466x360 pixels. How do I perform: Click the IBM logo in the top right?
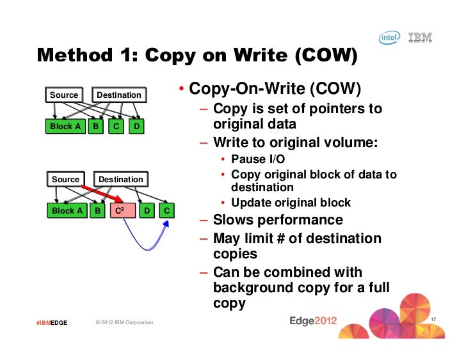tap(420, 38)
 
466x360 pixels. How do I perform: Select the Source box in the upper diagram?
tap(64, 95)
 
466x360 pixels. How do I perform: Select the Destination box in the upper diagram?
tap(118, 95)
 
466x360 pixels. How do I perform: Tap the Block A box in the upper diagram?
tap(65, 127)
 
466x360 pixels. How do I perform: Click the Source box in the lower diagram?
tap(65, 180)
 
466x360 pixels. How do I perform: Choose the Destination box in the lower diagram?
tap(120, 180)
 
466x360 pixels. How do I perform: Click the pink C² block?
tap(122, 210)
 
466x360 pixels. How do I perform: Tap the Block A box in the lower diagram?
tap(67, 210)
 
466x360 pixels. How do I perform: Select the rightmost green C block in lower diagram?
tap(166, 210)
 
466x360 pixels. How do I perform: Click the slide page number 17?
tap(433, 320)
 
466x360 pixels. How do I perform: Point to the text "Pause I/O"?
tap(258, 159)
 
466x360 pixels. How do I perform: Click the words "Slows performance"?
tap(278, 221)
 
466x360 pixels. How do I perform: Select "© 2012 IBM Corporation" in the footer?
tap(124, 322)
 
